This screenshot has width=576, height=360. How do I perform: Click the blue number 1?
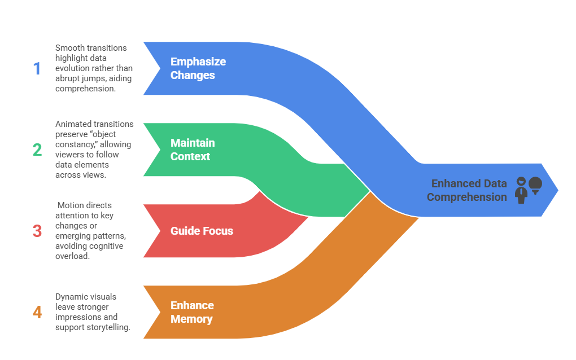coord(37,69)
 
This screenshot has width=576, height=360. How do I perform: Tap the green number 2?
coord(37,150)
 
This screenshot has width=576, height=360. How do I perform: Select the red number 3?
coord(37,231)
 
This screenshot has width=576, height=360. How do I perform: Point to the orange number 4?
coord(37,313)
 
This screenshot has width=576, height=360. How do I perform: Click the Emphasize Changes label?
coord(198,68)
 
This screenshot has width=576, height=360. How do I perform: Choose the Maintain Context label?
coord(193,150)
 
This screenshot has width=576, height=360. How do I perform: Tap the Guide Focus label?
coord(202,231)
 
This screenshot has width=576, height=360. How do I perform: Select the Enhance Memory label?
coord(192,312)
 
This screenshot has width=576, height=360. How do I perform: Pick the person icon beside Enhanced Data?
coord(521,190)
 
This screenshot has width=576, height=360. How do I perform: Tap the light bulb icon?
coord(535,186)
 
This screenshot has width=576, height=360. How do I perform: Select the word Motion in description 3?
coord(71,205)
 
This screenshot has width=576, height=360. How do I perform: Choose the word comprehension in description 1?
coord(86,89)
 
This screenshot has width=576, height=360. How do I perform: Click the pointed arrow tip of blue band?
coord(557,190)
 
